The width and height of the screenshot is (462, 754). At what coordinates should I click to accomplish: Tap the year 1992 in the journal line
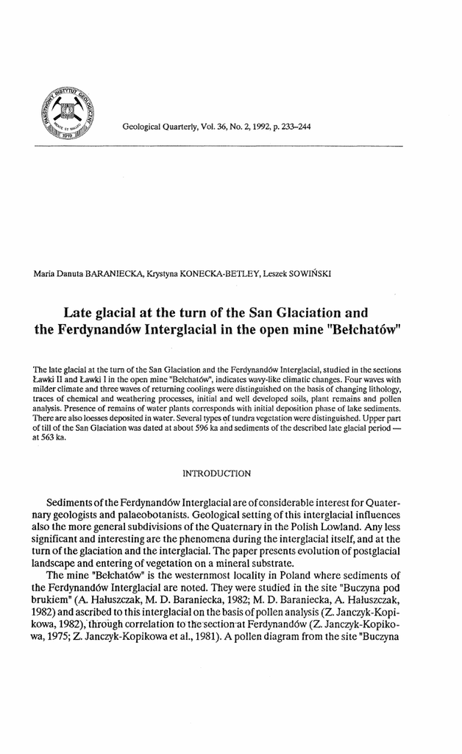click(254, 127)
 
